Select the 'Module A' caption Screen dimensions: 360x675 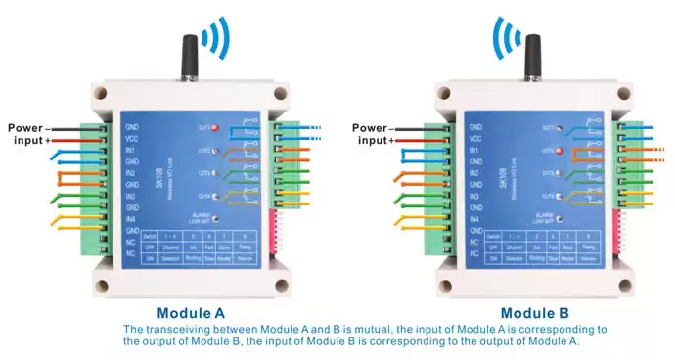click(192, 314)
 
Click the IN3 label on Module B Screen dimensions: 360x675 click(474, 197)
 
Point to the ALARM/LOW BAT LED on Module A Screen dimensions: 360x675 click(214, 217)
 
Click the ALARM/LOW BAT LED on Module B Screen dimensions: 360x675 click(559, 217)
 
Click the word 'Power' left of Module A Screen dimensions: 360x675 click(27, 128)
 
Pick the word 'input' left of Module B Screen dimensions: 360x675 click(373, 141)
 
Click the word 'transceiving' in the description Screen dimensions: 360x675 click(191, 330)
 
